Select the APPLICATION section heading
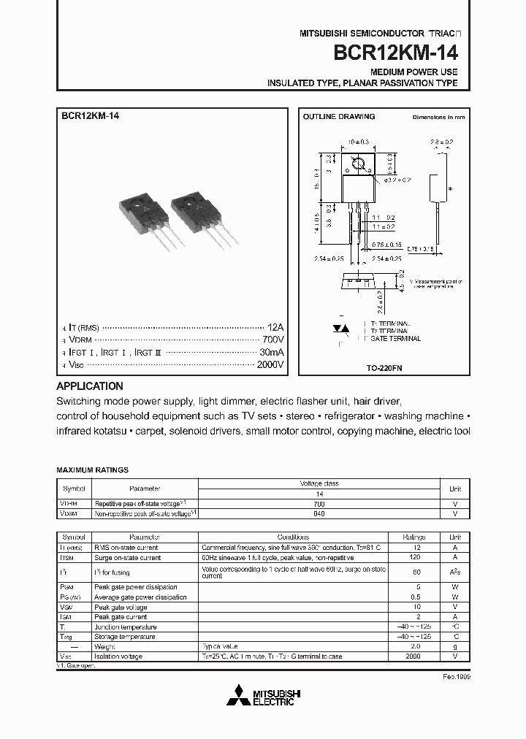coord(90,386)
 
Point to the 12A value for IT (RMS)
coord(275,328)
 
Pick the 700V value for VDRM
coord(272,340)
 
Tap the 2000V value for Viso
coord(270,364)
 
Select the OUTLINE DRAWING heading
coord(339,117)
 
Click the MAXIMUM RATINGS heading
coord(93,470)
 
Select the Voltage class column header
coord(319,483)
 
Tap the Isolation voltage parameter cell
coord(118,656)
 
